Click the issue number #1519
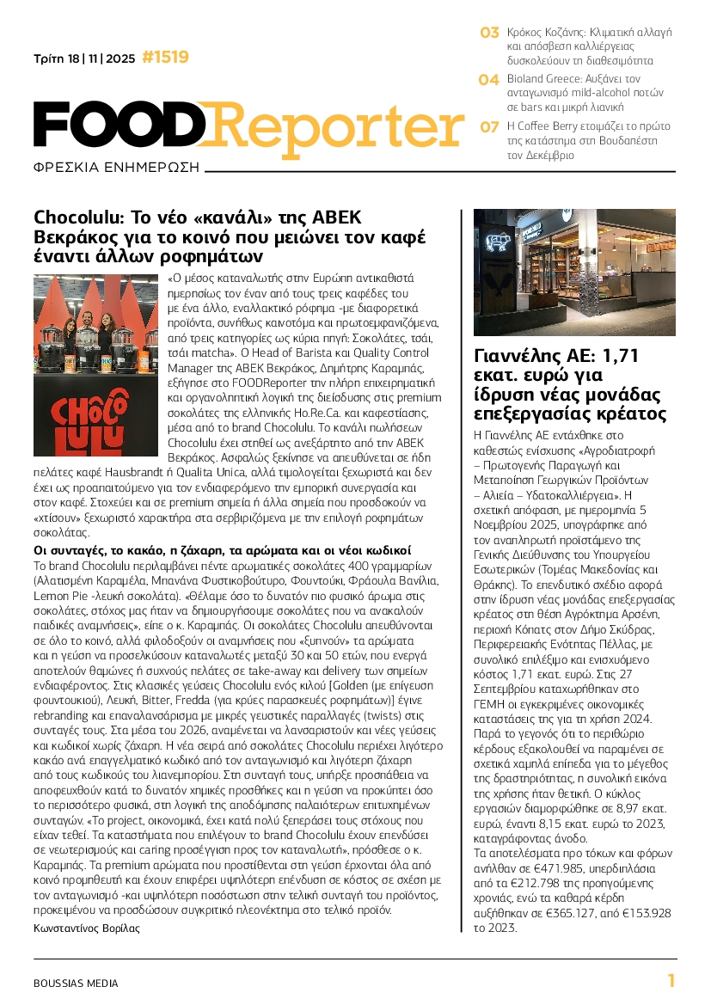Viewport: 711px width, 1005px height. click(165, 58)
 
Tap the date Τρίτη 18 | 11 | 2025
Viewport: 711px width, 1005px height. click(84, 59)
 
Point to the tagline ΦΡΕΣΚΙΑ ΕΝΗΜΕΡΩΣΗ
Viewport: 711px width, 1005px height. click(115, 167)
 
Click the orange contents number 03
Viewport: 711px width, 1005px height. click(489, 33)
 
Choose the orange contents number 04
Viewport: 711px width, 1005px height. click(489, 80)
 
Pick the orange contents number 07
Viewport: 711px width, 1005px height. click(489, 127)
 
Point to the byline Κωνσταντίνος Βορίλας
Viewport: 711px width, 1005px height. click(86, 928)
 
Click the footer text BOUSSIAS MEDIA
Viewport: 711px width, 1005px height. click(76, 983)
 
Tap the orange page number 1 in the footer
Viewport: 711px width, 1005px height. click(671, 981)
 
